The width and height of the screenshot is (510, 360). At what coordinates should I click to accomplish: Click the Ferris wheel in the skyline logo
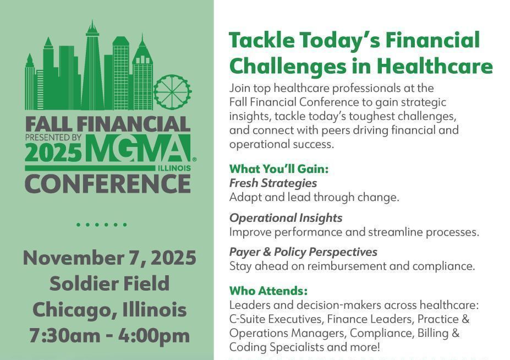(x=172, y=92)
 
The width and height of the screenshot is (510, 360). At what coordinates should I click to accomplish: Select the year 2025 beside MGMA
(x=53, y=152)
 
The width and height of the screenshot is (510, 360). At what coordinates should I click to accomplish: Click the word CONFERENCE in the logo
(x=108, y=184)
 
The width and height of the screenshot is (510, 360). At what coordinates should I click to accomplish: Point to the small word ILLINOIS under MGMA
(x=174, y=168)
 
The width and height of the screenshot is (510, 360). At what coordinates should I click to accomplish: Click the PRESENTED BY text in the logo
(x=53, y=138)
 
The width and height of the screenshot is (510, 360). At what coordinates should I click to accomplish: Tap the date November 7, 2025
(x=109, y=258)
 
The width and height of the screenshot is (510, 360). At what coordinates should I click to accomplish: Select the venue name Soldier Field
(x=109, y=283)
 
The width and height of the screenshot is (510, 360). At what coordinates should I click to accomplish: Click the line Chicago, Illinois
(x=109, y=309)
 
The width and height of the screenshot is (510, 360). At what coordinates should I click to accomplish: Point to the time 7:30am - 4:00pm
(x=109, y=336)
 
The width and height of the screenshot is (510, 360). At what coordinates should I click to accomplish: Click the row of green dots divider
(x=101, y=225)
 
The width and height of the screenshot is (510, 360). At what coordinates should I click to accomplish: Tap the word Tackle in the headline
(x=262, y=40)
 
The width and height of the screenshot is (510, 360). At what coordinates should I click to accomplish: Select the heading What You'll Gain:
(x=279, y=169)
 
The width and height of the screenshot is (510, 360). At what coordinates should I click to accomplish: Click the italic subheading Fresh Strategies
(x=273, y=183)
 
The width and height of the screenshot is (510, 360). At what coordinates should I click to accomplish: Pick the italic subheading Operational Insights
(x=286, y=218)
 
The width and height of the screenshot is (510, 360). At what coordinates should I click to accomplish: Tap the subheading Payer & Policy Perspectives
(x=303, y=252)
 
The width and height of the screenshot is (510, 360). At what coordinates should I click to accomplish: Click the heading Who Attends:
(x=268, y=291)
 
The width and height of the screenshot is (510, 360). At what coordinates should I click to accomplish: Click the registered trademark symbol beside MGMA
(x=194, y=160)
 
